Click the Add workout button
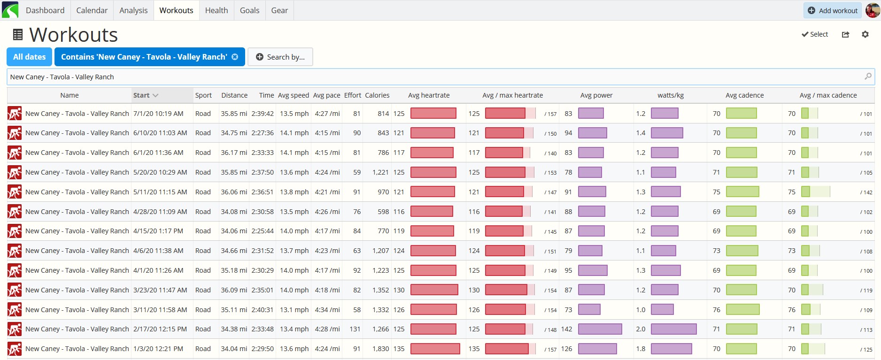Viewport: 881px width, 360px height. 832,10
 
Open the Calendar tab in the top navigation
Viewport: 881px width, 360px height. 92,10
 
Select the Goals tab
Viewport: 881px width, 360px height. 249,10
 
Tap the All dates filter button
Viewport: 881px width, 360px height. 30,57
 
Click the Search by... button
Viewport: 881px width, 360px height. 280,57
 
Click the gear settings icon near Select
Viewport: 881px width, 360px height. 865,34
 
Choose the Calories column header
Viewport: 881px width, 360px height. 377,95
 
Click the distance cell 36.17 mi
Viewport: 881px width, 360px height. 234,153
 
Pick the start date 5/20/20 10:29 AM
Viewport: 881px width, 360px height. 160,172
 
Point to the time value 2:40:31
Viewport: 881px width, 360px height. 263,310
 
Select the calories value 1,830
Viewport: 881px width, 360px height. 380,349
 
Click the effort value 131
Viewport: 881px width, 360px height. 355,329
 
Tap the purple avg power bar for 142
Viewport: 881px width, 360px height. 600,329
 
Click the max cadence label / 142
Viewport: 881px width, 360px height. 866,192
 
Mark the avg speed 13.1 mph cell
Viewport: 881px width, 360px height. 294,310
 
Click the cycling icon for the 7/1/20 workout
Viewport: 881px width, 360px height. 15,114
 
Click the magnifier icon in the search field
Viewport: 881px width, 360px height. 868,76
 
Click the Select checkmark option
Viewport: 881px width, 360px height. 815,34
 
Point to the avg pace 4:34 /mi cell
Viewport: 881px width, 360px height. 326,310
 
